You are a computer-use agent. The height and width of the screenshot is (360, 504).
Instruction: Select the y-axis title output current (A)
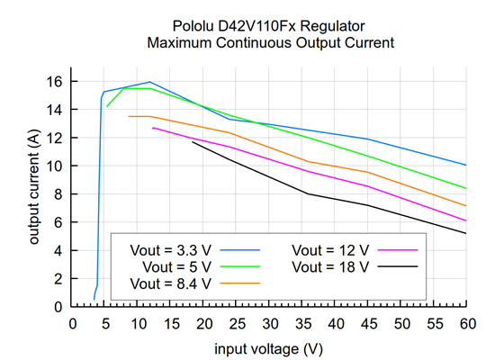pyautogui.click(x=33, y=187)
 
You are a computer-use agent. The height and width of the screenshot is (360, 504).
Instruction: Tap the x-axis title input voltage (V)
pyautogui.click(x=268, y=347)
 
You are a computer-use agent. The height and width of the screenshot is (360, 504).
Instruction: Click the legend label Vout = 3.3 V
pyautogui.click(x=172, y=249)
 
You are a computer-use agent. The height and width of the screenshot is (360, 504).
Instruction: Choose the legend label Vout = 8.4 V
pyautogui.click(x=172, y=283)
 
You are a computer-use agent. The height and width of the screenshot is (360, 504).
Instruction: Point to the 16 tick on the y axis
pyautogui.click(x=56, y=81)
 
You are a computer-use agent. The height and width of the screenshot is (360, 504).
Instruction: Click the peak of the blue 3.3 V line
pyautogui.click(x=150, y=82)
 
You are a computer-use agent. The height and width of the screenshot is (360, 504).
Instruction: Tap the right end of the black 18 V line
pyautogui.click(x=466, y=233)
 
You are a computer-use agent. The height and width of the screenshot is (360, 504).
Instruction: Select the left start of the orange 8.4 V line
pyautogui.click(x=129, y=116)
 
